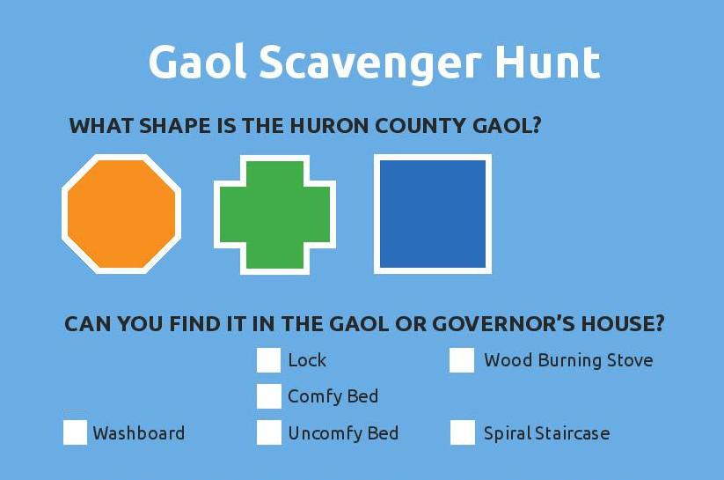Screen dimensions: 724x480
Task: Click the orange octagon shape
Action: (121, 214)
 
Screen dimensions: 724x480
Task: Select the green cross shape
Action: (274, 215)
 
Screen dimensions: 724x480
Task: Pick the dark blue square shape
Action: (433, 214)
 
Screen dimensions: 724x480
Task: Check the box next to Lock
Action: (268, 360)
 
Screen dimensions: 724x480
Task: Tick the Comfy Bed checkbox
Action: (268, 396)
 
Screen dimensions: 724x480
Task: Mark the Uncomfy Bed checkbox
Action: (268, 432)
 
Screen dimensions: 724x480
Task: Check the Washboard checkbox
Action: (76, 432)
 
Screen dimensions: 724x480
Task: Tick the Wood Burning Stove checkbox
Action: (462, 360)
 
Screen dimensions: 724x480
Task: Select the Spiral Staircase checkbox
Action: (463, 432)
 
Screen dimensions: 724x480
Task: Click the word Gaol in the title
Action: (197, 63)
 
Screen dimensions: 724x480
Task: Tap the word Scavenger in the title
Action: (370, 65)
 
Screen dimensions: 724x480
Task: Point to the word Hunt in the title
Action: (547, 63)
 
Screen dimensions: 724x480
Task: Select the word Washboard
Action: (138, 433)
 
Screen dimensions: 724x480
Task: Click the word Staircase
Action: (572, 433)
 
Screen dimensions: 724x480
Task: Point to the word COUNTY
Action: (421, 126)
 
